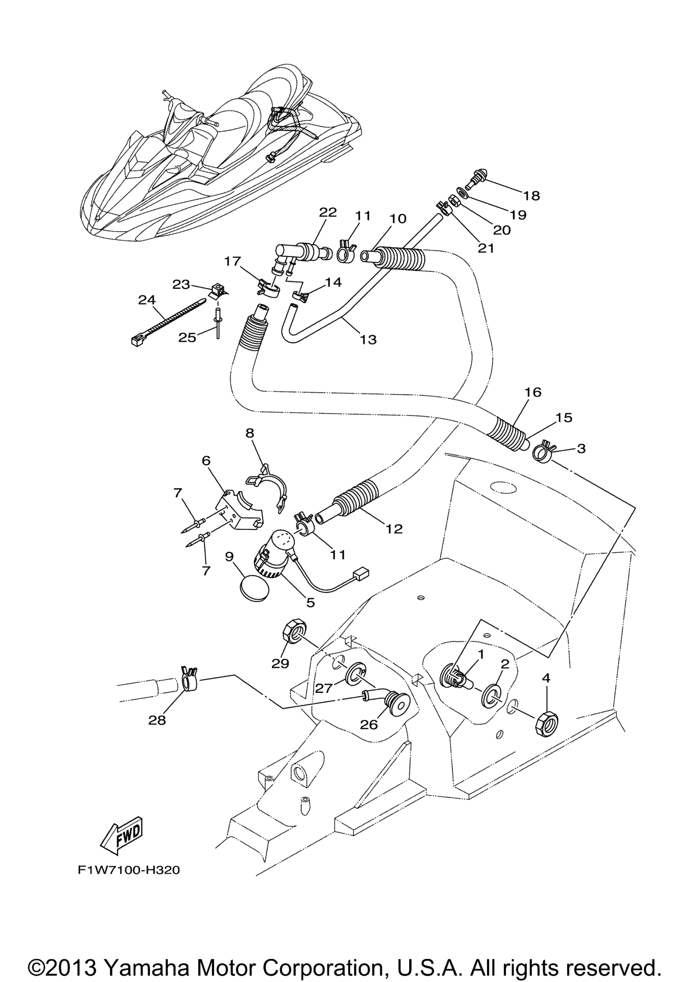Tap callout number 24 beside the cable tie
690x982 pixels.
point(147,300)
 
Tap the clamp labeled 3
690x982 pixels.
point(543,453)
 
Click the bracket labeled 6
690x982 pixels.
point(242,512)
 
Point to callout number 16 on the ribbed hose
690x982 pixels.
point(532,392)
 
